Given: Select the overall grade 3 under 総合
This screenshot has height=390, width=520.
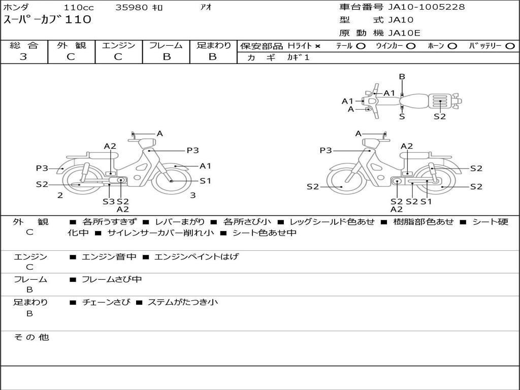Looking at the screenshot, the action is [x=23, y=57].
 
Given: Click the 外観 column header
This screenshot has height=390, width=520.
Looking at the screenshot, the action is [x=71, y=45].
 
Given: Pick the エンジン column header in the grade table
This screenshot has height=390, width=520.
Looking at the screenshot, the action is [x=118, y=45].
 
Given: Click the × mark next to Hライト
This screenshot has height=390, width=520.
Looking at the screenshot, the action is [x=318, y=46].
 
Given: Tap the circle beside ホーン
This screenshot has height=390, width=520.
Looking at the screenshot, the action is [x=452, y=46].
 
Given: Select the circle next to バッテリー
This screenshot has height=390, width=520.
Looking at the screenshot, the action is [x=510, y=46].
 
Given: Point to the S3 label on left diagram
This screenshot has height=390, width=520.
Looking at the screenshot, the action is [x=109, y=201].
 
